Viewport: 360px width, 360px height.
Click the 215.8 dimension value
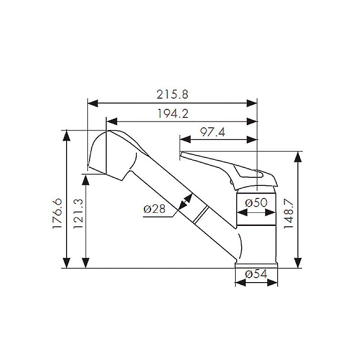click(x=172, y=94)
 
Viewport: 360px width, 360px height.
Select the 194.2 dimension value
click(x=173, y=113)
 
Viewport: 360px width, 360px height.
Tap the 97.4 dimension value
click(x=213, y=132)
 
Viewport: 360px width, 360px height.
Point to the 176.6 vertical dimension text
click(x=57, y=213)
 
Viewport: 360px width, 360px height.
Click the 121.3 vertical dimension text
click(x=78, y=213)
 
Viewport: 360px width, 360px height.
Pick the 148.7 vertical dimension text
click(x=288, y=214)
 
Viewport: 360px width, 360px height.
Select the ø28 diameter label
click(x=154, y=209)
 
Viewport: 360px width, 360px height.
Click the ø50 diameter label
click(x=256, y=203)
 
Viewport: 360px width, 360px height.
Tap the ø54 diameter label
click(x=256, y=274)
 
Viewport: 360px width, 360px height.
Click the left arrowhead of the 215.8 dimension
click(x=93, y=103)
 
